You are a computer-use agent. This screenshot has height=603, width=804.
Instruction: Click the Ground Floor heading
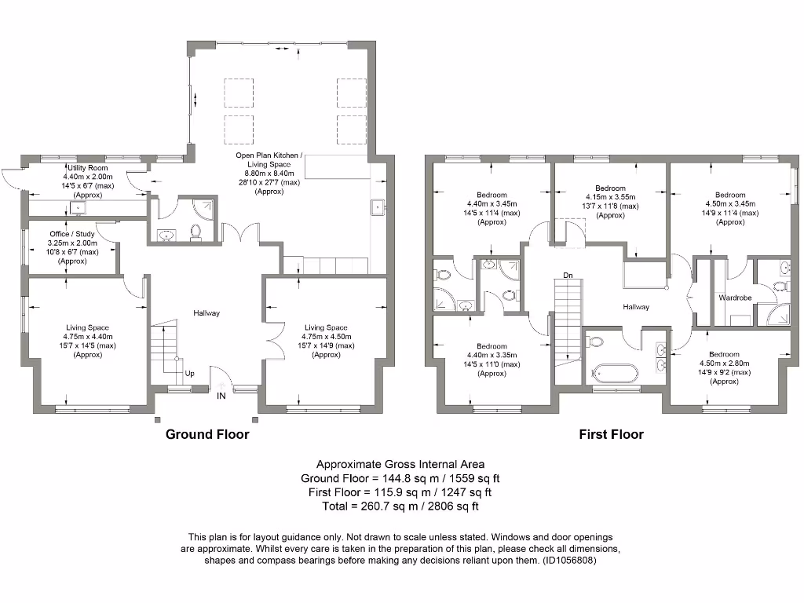(x=207, y=434)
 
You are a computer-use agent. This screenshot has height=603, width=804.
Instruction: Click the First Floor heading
(x=611, y=434)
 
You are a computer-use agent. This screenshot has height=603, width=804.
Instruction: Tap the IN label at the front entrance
(x=221, y=396)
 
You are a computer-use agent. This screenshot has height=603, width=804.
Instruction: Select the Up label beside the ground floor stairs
(x=190, y=373)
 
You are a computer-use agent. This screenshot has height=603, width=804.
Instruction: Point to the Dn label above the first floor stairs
(x=568, y=276)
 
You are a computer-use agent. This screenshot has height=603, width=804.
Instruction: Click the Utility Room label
(x=88, y=168)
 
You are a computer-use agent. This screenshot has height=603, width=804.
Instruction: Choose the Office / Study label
(x=72, y=234)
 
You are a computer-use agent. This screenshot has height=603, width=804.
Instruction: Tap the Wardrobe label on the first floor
(x=735, y=298)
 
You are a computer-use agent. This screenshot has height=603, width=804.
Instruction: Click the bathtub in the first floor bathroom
(x=616, y=373)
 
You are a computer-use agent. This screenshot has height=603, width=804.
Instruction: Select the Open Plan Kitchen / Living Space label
(x=269, y=159)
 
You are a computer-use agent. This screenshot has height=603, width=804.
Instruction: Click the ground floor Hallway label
(x=206, y=312)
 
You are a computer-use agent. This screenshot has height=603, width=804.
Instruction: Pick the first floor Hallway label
(x=636, y=307)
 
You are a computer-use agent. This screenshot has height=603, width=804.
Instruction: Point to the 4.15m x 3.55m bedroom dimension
(x=611, y=197)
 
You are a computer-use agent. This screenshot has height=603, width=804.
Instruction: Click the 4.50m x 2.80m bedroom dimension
(x=724, y=363)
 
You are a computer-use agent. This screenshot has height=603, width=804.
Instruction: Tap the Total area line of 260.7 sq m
(x=400, y=506)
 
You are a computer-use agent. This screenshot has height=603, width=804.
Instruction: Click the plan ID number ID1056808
(x=570, y=561)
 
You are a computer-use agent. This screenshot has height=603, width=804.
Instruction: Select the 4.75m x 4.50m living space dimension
(x=326, y=336)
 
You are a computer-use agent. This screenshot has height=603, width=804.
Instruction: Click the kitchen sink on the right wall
(x=378, y=207)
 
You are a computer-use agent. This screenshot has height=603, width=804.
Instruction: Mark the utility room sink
(x=78, y=207)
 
